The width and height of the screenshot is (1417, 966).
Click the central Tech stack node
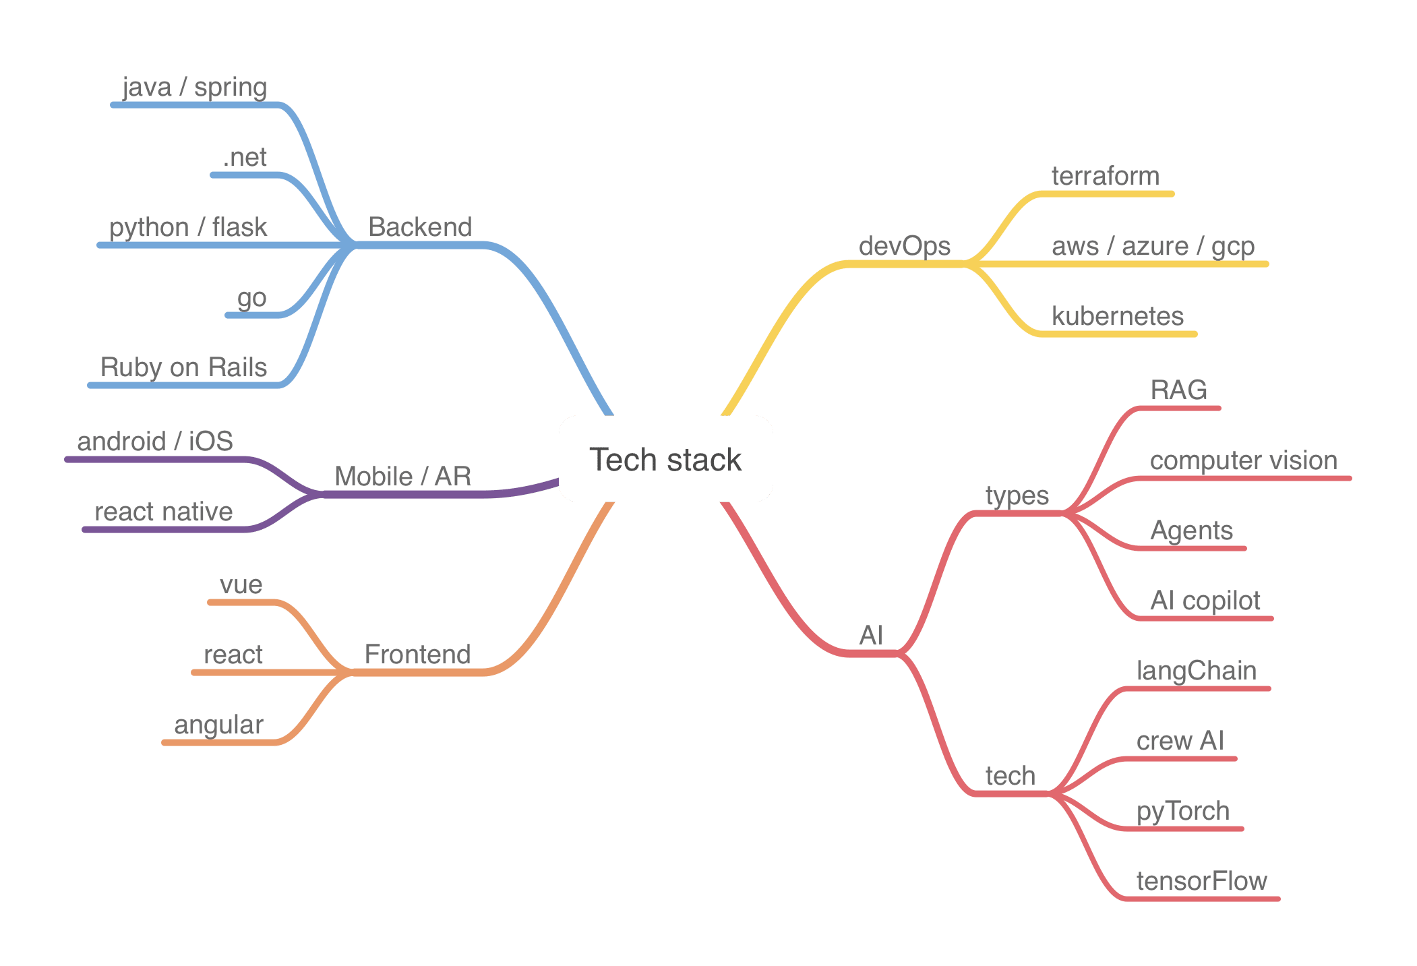[665, 460]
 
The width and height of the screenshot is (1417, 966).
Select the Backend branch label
[420, 227]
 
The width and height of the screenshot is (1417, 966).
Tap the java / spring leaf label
[195, 88]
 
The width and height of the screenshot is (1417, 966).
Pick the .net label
[245, 158]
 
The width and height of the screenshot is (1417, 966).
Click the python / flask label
[188, 228]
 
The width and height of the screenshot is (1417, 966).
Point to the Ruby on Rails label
[183, 367]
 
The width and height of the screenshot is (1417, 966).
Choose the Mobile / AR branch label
[403, 477]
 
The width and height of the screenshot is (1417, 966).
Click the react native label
[164, 512]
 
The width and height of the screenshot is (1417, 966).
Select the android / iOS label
[155, 442]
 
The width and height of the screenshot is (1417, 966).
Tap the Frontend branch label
[417, 655]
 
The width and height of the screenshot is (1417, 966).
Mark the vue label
[241, 584]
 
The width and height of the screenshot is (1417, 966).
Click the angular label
[218, 725]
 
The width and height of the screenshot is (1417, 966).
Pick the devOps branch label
[905, 246]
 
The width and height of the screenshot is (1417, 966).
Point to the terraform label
[1106, 176]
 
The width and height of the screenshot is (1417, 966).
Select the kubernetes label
[1118, 316]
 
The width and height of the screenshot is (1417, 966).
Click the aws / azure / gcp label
[1153, 247]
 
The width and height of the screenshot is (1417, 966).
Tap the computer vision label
[1244, 460]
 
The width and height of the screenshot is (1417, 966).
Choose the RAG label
[1178, 390]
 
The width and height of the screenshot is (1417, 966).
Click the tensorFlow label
[1201, 881]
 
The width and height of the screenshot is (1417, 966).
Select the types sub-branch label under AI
[1017, 496]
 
